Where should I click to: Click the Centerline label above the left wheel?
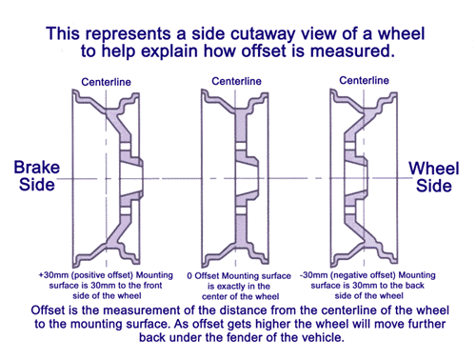(106, 82)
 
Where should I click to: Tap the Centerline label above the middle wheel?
(236, 81)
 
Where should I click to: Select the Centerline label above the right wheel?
(364, 80)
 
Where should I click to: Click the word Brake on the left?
(37, 168)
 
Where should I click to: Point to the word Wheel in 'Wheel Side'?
(434, 169)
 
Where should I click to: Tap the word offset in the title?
(264, 51)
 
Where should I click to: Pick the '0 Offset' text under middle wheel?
(203, 276)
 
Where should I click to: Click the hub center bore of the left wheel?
(130, 179)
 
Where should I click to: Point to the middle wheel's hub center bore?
(247, 178)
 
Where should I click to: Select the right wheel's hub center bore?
(356, 178)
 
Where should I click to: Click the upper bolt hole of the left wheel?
(126, 147)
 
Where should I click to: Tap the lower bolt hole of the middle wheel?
(241, 210)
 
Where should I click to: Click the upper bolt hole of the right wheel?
(349, 146)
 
